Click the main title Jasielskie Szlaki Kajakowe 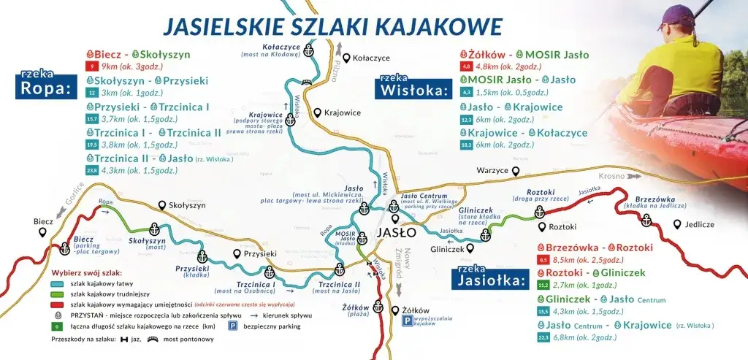click(x=332, y=26)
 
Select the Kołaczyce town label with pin click(x=363, y=57)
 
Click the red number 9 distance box click(x=91, y=66)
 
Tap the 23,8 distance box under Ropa click(x=91, y=170)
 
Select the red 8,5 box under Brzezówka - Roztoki click(x=543, y=260)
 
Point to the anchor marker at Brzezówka click(x=646, y=220)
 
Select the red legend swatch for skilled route click(x=58, y=305)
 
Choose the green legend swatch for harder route click(x=58, y=294)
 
